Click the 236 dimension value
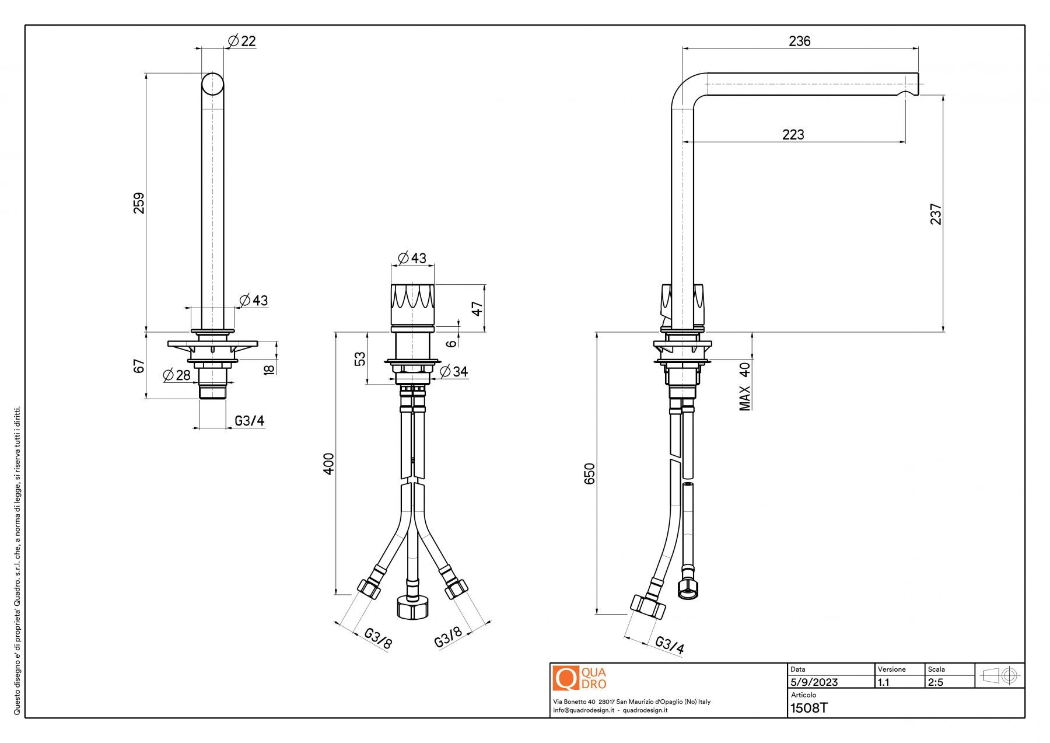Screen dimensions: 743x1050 [x=799, y=41]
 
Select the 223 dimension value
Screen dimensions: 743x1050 [x=793, y=135]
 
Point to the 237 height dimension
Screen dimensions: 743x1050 [x=935, y=214]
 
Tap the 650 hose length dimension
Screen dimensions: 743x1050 [x=590, y=473]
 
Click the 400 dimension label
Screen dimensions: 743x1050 [x=329, y=463]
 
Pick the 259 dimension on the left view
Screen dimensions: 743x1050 [x=139, y=203]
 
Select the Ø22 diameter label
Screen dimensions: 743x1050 [x=242, y=41]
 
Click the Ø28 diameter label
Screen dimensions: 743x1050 [x=177, y=375]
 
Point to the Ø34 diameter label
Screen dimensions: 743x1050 [x=453, y=371]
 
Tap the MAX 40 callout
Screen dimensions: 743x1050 [x=745, y=386]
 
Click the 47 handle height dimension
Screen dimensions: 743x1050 [x=478, y=308]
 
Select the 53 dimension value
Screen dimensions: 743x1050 [x=360, y=358]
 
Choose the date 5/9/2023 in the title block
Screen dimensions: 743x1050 [x=814, y=682]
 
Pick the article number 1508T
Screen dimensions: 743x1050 [x=808, y=709]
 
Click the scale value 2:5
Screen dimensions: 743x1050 [x=935, y=682]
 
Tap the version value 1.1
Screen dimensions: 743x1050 [x=884, y=682]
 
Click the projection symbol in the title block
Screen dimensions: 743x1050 [x=1000, y=676]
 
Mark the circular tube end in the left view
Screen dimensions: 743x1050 [x=212, y=84]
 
